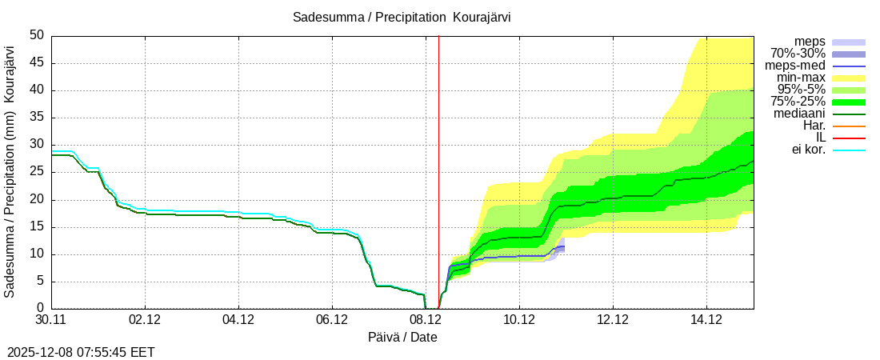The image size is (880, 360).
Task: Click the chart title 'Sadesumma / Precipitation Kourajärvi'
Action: click(x=402, y=17)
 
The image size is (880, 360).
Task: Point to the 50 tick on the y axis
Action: click(x=37, y=36)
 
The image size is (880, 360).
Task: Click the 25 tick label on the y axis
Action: click(x=37, y=172)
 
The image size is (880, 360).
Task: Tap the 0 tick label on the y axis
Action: click(x=40, y=309)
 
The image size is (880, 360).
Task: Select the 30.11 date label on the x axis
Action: click(x=51, y=320)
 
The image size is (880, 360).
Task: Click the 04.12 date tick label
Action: click(x=238, y=320)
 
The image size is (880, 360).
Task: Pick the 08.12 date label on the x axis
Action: click(x=426, y=320)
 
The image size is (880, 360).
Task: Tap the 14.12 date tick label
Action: click(x=706, y=320)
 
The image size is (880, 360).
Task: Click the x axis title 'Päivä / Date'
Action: click(x=402, y=337)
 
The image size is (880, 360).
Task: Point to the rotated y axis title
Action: click(x=10, y=171)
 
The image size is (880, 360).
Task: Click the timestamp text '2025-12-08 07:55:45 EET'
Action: click(x=81, y=352)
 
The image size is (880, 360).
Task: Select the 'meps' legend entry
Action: click(x=810, y=42)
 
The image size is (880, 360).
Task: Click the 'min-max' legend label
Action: click(x=801, y=78)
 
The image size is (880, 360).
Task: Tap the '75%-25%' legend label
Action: click(x=798, y=102)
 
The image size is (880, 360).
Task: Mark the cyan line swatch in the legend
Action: click(x=849, y=150)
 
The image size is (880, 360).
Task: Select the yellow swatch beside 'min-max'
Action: click(x=849, y=78)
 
